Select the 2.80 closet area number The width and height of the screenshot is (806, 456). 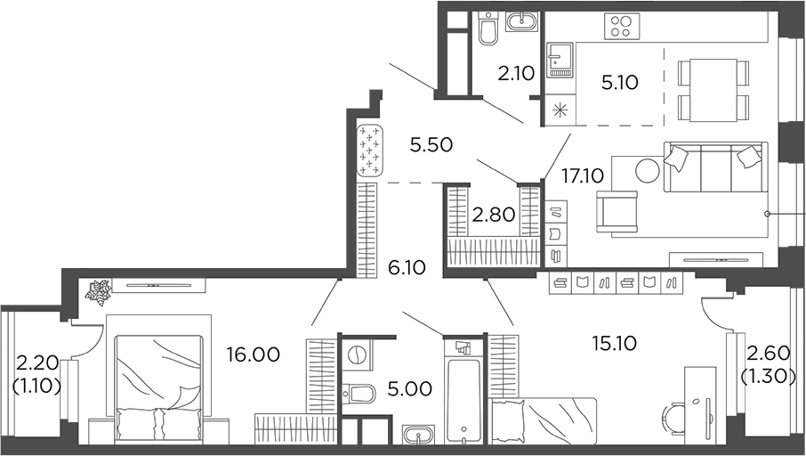(492, 215)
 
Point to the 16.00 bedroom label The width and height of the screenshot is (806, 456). (253, 354)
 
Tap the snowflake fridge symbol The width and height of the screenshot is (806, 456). (560, 111)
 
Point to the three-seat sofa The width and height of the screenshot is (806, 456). (713, 167)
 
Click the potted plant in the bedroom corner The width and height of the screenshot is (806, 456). (97, 289)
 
